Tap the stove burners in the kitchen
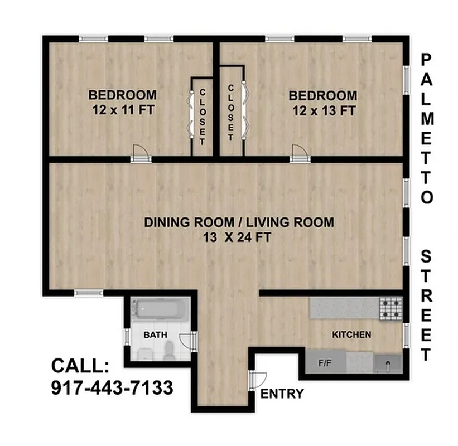pyautogui.click(x=391, y=308)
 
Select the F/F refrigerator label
pyautogui.click(x=325, y=363)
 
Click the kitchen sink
pyautogui.click(x=388, y=363)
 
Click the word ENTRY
pyautogui.click(x=282, y=394)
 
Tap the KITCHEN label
pyautogui.click(x=351, y=335)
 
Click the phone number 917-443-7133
pyautogui.click(x=112, y=387)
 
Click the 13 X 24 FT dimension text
pyautogui.click(x=239, y=237)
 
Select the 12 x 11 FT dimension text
pyautogui.click(x=122, y=110)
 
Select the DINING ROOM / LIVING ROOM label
pyautogui.click(x=239, y=222)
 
